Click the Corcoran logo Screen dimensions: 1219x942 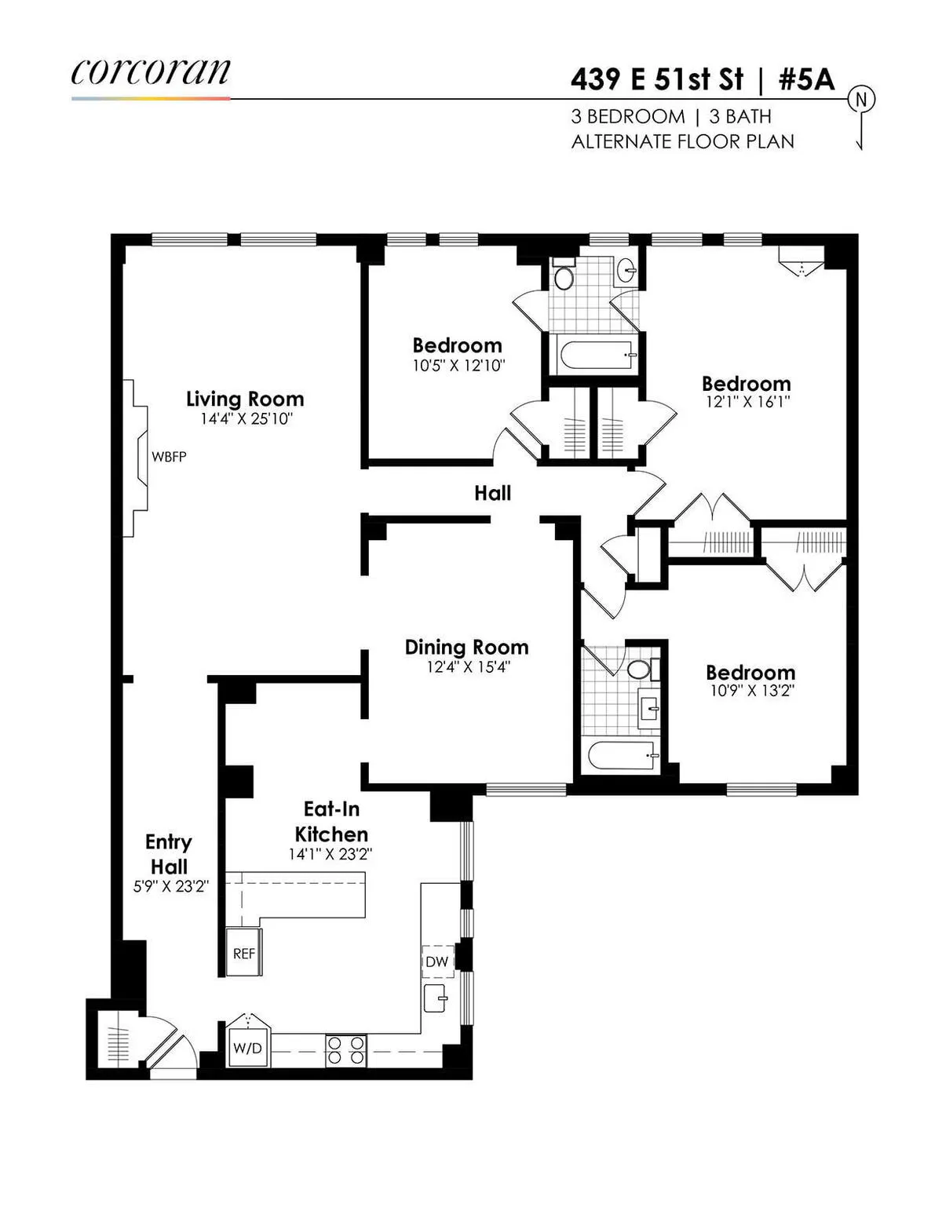pos(151,72)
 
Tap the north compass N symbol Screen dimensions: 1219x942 pos(862,100)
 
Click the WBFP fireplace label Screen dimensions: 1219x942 pos(169,457)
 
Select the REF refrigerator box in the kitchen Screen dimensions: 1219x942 pos(244,954)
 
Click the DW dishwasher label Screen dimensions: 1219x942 pos(437,962)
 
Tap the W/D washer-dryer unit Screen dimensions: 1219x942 pos(247,1048)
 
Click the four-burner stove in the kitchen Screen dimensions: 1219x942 pos(345,1050)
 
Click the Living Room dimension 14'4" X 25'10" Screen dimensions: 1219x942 pos(245,419)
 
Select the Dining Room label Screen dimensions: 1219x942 pos(466,648)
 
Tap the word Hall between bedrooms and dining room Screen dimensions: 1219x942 pos(492,493)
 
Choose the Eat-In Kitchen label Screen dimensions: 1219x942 pos(331,821)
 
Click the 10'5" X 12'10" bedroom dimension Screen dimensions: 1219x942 pos(458,365)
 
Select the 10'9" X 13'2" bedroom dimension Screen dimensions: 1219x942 pos(750,692)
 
